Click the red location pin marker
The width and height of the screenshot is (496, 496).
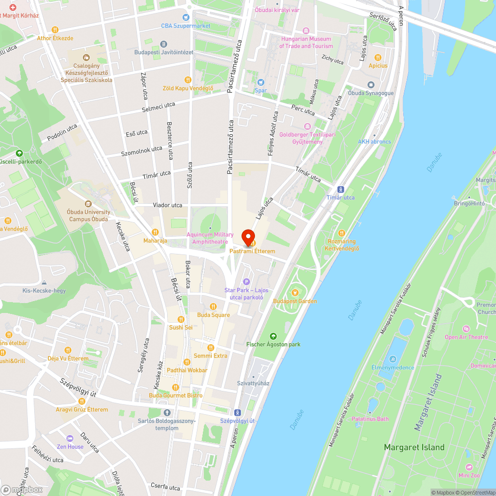pyautogui.click(x=248, y=237)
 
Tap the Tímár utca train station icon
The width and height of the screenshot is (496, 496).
pyautogui.click(x=341, y=189)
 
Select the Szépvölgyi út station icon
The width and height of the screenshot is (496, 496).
pyautogui.click(x=238, y=413)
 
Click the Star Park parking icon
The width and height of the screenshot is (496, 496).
pyautogui.click(x=247, y=282)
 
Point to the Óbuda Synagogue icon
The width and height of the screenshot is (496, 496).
pyautogui.click(x=371, y=85)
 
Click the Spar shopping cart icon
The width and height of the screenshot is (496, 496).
pyautogui.click(x=260, y=82)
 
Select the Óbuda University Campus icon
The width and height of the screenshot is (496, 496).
pyautogui.click(x=88, y=204)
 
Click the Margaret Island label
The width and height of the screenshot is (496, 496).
pyautogui.click(x=414, y=447)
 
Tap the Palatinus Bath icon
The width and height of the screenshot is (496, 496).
pyautogui.click(x=371, y=411)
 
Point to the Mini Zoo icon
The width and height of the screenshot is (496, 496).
pyautogui.click(x=469, y=467)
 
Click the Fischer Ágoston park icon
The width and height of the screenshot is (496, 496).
pyautogui.click(x=273, y=336)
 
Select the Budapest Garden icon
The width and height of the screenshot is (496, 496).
pyautogui.click(x=295, y=293)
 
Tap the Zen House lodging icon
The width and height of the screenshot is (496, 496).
pyautogui.click(x=70, y=438)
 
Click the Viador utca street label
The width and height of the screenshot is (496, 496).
pyautogui.click(x=168, y=205)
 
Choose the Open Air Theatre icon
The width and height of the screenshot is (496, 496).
pyautogui.click(x=466, y=329)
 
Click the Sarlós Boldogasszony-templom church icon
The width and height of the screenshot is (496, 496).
pyautogui.click(x=167, y=413)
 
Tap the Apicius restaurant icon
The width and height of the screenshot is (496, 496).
pyautogui.click(x=377, y=57)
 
